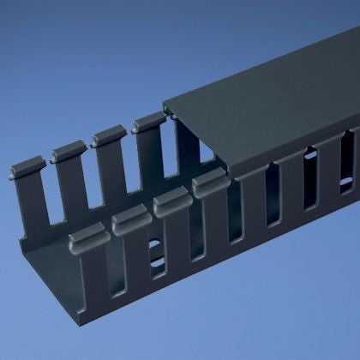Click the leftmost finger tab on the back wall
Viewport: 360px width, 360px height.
(x=25, y=162)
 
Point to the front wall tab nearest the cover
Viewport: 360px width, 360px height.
(x=208, y=182)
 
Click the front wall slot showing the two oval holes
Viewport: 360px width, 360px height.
(x=153, y=257)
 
